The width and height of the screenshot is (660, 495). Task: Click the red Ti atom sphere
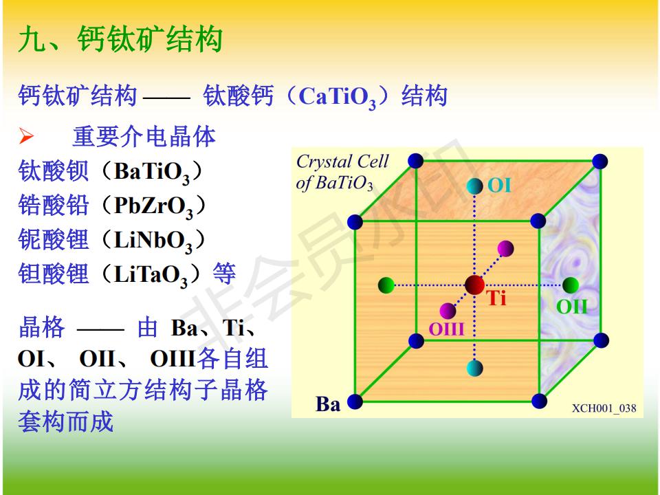tap(474, 285)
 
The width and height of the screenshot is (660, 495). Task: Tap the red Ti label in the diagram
tap(496, 298)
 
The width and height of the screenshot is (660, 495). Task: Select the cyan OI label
tap(500, 185)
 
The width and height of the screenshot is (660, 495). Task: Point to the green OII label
tap(571, 307)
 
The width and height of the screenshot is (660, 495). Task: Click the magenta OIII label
tap(447, 329)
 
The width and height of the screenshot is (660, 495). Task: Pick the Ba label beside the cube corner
tap(328, 404)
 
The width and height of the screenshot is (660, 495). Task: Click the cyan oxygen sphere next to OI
tap(475, 186)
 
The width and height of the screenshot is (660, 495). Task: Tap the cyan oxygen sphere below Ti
tap(475, 368)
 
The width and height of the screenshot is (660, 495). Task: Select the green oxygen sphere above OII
tap(571, 285)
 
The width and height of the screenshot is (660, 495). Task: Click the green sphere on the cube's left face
tap(386, 285)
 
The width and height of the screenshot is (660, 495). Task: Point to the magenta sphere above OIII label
tap(448, 311)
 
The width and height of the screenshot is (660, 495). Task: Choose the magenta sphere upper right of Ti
tap(505, 249)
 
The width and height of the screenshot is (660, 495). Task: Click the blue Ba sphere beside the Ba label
tap(355, 401)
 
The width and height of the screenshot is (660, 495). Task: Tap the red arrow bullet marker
tap(26, 136)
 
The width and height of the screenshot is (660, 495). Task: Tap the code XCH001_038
tap(604, 408)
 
